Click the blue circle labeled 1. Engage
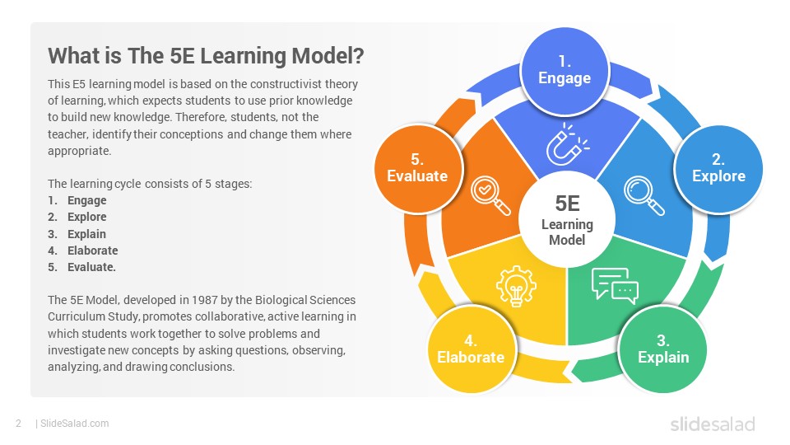(x=565, y=71)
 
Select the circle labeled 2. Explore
(x=718, y=169)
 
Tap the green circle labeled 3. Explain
(x=662, y=349)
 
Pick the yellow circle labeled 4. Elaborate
(x=471, y=349)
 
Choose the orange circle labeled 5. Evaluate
(x=418, y=168)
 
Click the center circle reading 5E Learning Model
(x=567, y=219)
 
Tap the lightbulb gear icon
(x=516, y=286)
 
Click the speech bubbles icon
(x=615, y=286)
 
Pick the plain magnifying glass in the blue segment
(x=644, y=195)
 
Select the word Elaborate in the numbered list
(x=93, y=251)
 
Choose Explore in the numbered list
(x=87, y=217)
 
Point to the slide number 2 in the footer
(x=19, y=424)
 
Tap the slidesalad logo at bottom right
(x=713, y=424)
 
